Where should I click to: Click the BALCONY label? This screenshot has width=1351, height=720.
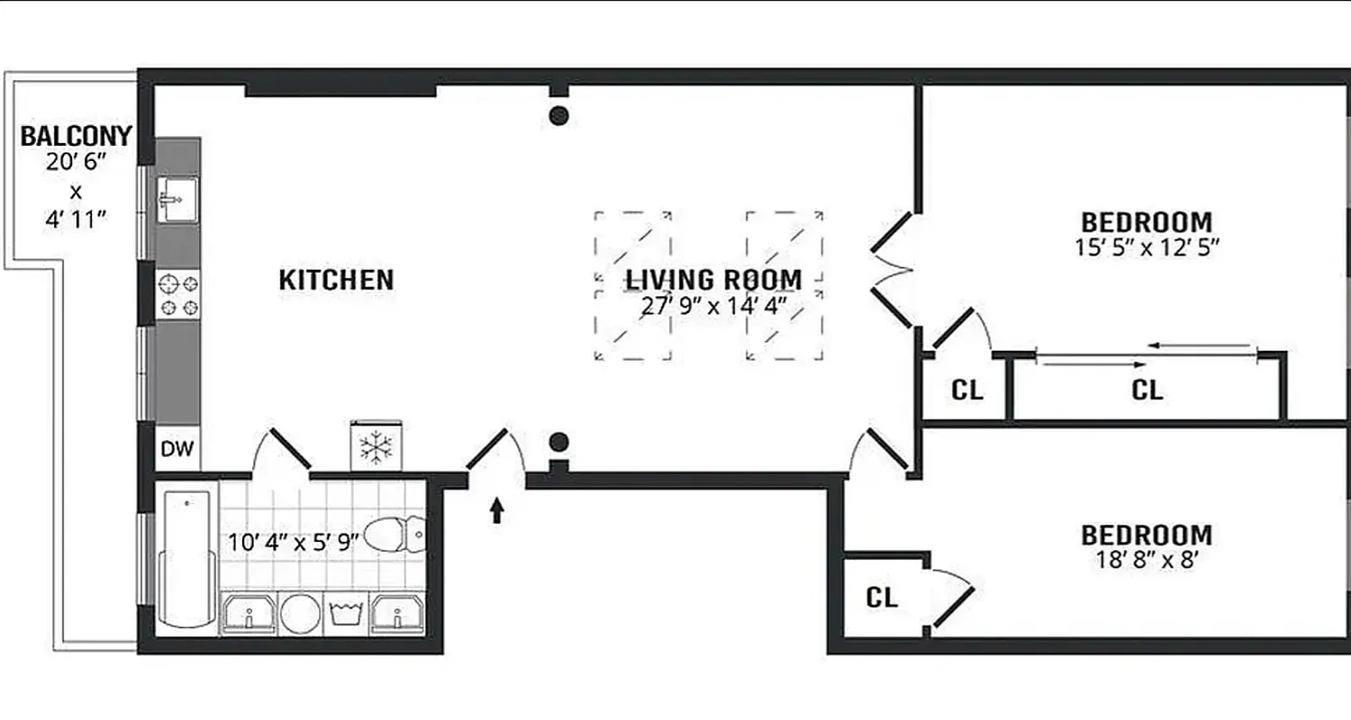[x=76, y=137]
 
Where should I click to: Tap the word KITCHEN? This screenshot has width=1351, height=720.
[x=336, y=280]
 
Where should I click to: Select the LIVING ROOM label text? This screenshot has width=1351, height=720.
[x=713, y=280]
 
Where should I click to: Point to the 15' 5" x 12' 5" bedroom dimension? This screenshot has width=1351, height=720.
[x=1147, y=247]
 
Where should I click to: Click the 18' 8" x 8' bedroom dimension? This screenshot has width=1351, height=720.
[x=1147, y=560]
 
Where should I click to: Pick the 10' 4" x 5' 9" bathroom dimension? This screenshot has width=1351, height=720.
[x=293, y=542]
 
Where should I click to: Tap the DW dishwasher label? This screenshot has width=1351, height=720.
[x=177, y=449]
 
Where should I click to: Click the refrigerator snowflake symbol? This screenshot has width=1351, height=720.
[x=375, y=445]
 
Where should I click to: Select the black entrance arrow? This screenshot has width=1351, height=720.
[x=496, y=511]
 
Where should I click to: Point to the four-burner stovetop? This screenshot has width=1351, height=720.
[x=177, y=295]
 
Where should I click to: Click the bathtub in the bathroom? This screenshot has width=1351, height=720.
[x=187, y=558]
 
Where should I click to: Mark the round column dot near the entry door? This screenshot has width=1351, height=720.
[x=558, y=442]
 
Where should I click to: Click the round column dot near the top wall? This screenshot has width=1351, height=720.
[x=558, y=115]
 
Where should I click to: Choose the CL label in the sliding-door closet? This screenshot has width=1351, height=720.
[x=1147, y=391]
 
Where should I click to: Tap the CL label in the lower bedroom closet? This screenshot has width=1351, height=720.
[x=882, y=598]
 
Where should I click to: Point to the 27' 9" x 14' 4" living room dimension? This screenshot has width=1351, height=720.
[x=713, y=305]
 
